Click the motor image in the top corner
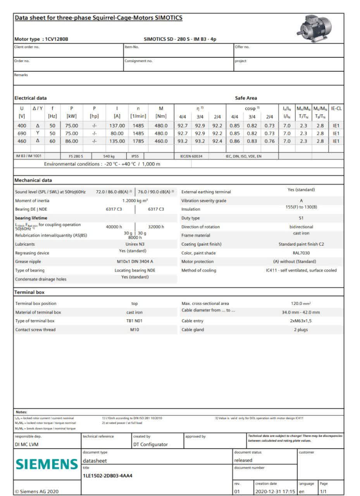[316, 28]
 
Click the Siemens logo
[47, 464]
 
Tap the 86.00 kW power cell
[72, 141]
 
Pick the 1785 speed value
[138, 141]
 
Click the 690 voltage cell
[22, 133]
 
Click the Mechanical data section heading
[33, 180]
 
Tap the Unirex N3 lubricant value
[135, 244]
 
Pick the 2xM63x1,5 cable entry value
[301, 321]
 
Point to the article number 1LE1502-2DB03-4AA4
[108, 475]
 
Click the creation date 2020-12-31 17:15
[275, 491]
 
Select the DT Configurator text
[150, 444]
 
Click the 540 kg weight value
[109, 156]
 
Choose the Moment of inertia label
[32, 201]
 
